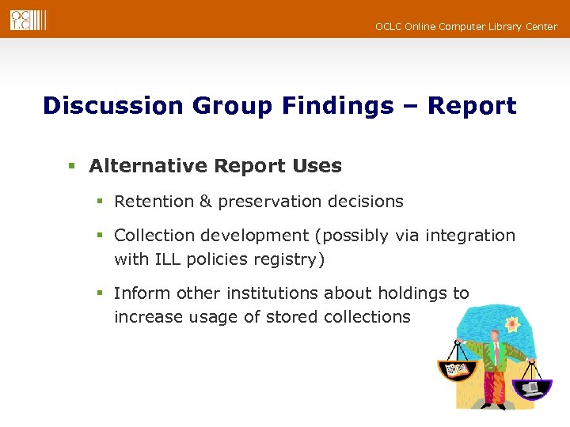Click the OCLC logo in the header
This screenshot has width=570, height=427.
click(28, 19)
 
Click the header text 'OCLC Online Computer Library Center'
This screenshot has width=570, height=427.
click(466, 27)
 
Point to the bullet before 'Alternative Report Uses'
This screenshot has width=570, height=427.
click(71, 167)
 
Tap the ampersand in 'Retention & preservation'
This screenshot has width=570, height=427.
click(205, 202)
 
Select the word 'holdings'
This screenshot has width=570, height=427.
click(411, 293)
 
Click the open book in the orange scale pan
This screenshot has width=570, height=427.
click(457, 368)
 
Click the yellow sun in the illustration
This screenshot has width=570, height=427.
click(512, 325)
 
